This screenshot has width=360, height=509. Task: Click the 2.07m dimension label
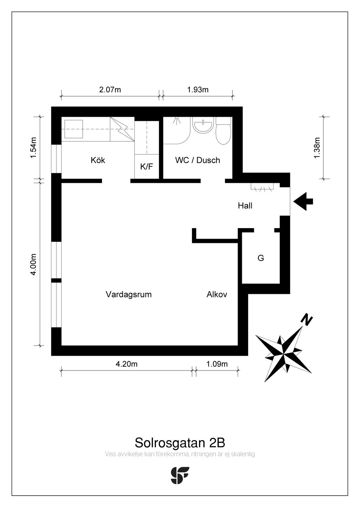110,90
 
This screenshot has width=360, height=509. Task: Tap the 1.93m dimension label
198,90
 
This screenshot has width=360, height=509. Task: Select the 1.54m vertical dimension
33,148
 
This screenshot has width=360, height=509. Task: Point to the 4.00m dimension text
33,264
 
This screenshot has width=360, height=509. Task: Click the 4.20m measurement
127,364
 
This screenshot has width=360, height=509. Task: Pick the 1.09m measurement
217,364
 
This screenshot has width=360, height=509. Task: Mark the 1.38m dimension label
317,148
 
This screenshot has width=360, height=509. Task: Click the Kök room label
98,160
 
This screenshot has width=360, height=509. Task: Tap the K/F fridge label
147,167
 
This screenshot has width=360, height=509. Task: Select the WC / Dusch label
198,160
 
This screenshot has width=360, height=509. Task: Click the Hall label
245,206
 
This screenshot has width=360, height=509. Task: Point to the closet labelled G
261,258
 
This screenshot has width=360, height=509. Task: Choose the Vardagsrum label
129,295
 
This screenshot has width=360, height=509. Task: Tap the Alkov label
217,295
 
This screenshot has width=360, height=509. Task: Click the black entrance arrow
303,201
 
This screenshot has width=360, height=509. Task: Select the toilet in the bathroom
223,131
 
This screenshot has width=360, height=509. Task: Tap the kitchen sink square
74,129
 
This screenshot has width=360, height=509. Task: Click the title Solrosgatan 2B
180,443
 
